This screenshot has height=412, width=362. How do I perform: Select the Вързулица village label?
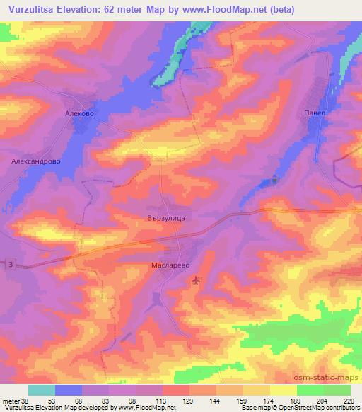coord(165,219)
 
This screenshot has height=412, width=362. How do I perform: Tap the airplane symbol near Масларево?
coord(196,282)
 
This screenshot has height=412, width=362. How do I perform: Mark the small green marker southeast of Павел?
coord(276,180)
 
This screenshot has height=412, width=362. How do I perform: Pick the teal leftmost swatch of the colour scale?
coord(42,390)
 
